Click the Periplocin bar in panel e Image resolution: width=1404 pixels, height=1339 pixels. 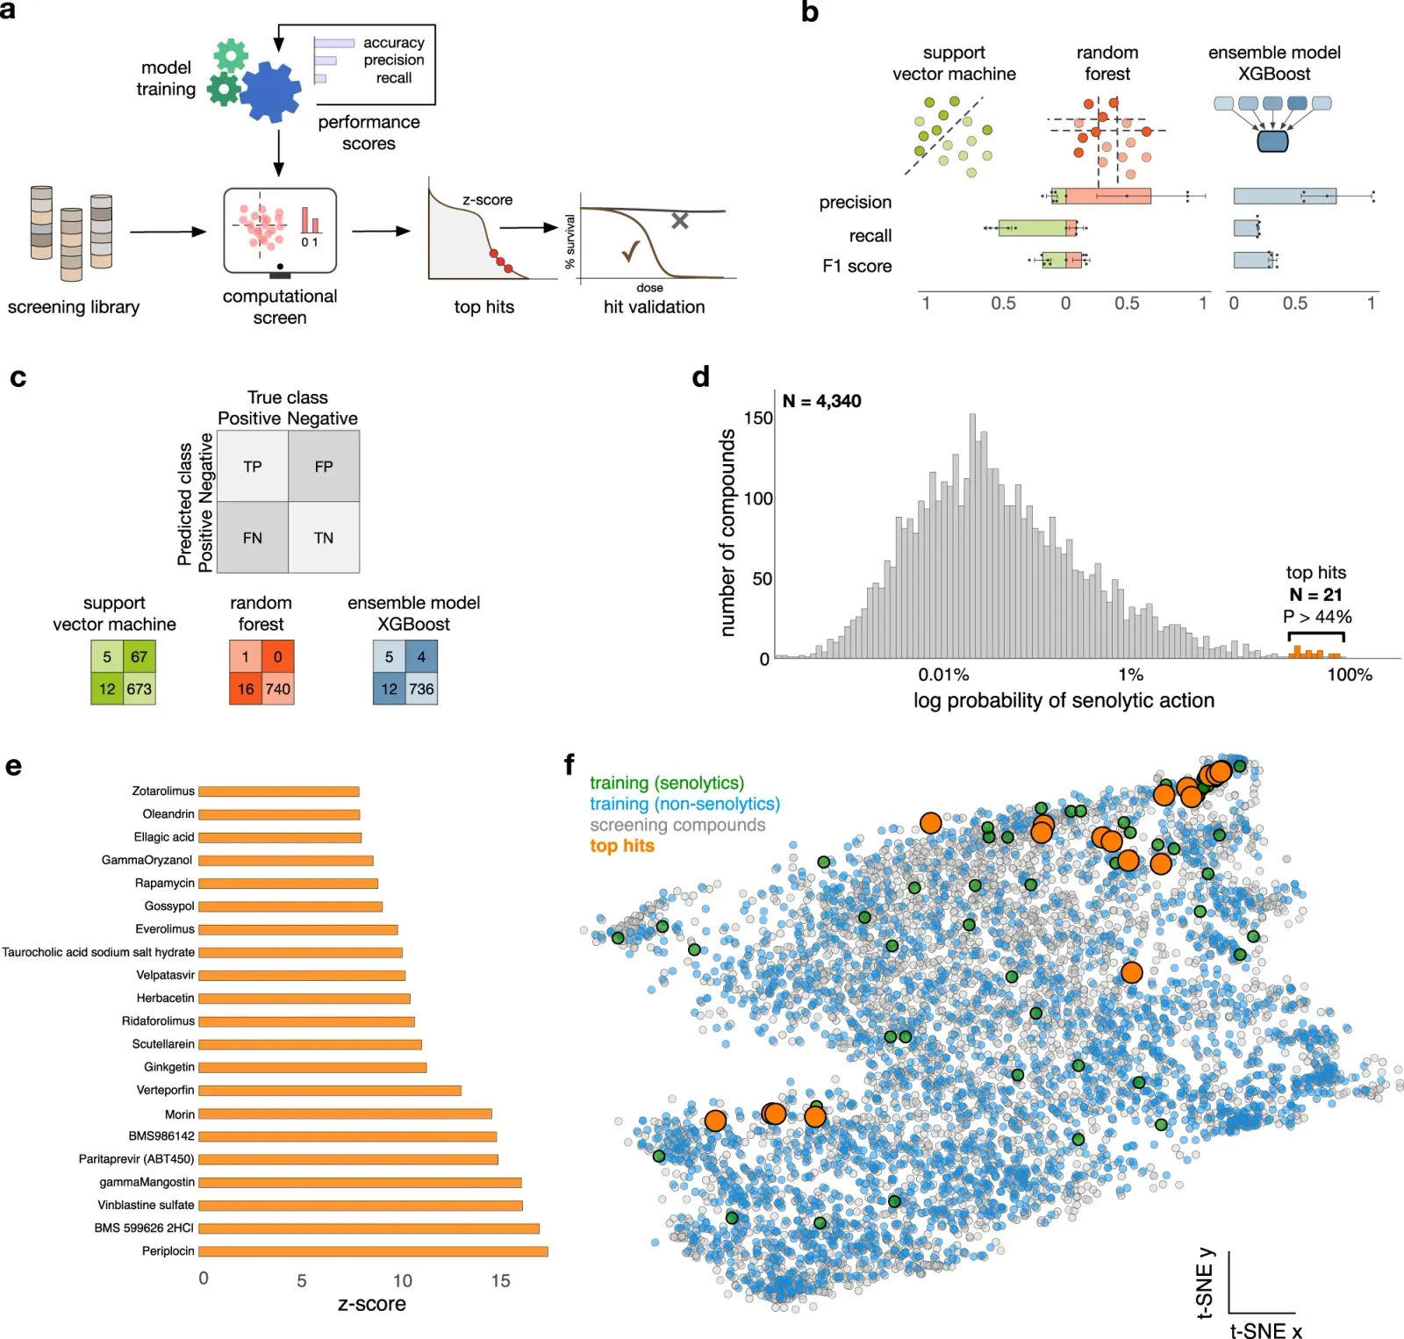[x=373, y=1251]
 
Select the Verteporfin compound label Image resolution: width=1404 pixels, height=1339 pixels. [x=165, y=1090]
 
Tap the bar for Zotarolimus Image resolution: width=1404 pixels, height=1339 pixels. [x=279, y=791]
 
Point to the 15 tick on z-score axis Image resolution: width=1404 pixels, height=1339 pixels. [x=500, y=1280]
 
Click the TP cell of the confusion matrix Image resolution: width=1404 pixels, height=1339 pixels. [x=253, y=467]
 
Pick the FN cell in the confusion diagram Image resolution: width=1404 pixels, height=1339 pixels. [x=253, y=538]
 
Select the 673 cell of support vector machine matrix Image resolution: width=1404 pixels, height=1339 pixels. [x=140, y=689]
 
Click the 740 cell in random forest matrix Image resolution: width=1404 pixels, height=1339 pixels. [x=278, y=689]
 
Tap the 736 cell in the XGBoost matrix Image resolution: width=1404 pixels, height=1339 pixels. [x=421, y=689]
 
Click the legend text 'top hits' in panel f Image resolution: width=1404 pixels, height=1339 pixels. [x=621, y=846]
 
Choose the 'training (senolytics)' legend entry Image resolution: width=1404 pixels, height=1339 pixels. [x=666, y=783]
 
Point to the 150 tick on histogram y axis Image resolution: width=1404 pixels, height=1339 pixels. [x=758, y=418]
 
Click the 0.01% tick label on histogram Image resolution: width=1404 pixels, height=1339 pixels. [x=943, y=675]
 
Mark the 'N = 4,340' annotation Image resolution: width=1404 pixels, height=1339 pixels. [x=821, y=401]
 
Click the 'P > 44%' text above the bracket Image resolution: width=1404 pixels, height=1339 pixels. [x=1316, y=617]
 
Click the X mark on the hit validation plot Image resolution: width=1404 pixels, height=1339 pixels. [x=679, y=221]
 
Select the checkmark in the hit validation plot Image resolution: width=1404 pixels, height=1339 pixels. [x=630, y=253]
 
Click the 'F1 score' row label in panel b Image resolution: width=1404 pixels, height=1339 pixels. [x=856, y=266]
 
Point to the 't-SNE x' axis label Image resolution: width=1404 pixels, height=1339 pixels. [x=1265, y=1330]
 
